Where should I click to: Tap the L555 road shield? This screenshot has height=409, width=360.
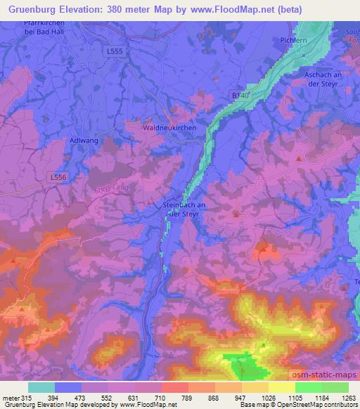[x=115, y=51]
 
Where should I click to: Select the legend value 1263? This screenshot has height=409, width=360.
[x=340, y=398]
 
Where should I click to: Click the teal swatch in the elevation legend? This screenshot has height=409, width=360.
[x=41, y=387]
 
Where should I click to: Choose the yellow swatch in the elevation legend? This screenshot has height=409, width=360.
[x=282, y=387]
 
